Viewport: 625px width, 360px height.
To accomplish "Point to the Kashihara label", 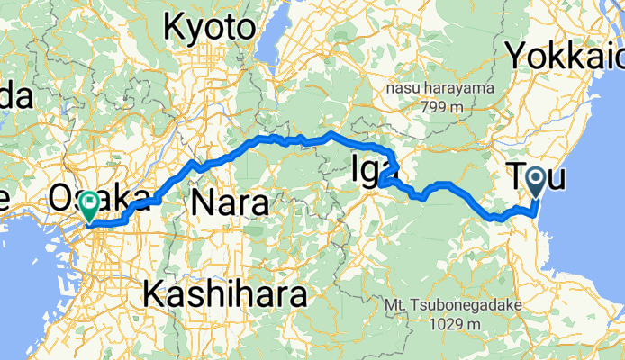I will (224, 293).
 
